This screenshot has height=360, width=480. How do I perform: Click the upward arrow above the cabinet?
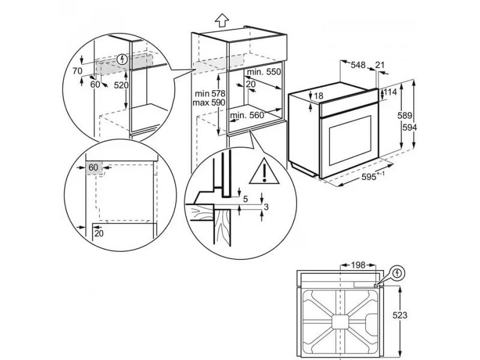[x=222, y=20]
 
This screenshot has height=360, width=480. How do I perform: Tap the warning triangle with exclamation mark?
[x=264, y=172]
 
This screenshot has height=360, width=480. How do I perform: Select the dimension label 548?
[x=358, y=65]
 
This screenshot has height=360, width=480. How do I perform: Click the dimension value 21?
[x=380, y=65]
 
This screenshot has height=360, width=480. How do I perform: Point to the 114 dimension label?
[x=391, y=92]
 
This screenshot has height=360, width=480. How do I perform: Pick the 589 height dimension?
[x=404, y=116]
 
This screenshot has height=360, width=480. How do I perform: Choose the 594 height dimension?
[x=409, y=127]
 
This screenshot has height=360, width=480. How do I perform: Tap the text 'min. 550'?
[x=263, y=72]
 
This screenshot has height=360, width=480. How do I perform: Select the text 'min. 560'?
[x=247, y=115]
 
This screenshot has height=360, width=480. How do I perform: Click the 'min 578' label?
[x=210, y=93]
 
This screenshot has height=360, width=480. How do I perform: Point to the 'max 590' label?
[x=209, y=103]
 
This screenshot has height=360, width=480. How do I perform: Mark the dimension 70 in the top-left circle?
[x=77, y=71]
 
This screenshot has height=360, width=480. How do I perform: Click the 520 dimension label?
[x=121, y=85]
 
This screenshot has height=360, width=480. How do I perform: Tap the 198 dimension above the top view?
[x=358, y=265]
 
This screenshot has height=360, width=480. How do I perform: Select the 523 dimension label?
[x=400, y=316]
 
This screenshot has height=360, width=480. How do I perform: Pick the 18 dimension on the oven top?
[x=319, y=96]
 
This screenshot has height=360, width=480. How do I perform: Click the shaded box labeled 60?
[x=94, y=168]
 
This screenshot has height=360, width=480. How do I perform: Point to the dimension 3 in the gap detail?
[x=266, y=207]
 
